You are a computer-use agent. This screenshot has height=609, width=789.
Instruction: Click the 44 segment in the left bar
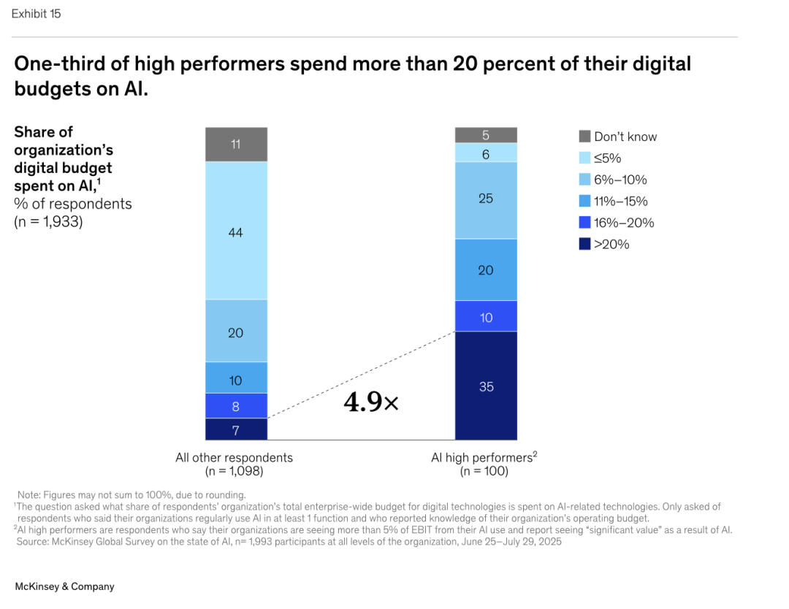coord(236,232)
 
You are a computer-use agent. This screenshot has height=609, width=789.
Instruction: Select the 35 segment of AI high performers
coord(486,386)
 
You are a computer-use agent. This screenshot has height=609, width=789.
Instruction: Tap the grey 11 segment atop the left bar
coord(236,144)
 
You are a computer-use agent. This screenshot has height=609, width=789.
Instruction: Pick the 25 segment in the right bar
coord(486,199)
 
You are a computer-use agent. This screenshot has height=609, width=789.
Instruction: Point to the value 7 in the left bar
coord(236,429)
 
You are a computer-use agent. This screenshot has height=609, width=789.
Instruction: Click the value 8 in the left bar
coord(236,406)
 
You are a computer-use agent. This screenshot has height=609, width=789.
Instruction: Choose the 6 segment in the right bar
coord(486,153)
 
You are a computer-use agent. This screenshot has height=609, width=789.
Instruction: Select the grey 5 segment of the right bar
coord(486,135)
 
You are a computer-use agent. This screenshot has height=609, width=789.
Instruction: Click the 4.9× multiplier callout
coord(371,402)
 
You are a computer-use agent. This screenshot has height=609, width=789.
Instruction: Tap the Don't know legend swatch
coord(584,137)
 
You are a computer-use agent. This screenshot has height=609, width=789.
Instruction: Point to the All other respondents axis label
coord(234,458)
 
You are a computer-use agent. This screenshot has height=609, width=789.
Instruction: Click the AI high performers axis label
coord(483,458)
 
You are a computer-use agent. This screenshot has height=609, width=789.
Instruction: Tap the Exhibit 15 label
coord(36,14)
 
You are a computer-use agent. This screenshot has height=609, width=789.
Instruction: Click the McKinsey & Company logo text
coord(64,586)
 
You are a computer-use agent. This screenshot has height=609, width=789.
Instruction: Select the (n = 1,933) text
coord(49,221)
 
